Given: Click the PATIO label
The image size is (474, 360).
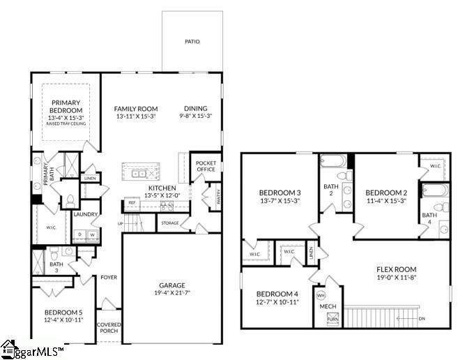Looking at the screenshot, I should point(192,42).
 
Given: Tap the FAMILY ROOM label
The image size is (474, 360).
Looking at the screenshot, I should point(136,109).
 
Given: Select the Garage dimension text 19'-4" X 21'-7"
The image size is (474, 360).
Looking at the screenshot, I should point(171,294).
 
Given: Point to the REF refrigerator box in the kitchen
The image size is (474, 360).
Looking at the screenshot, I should point(132,203).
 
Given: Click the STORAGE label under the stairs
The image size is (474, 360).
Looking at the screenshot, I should point(170,223).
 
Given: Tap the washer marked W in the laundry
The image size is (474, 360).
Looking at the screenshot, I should point(91,234).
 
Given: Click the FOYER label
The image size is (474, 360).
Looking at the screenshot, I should point(109,277).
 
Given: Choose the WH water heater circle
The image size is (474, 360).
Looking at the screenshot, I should point(321,295).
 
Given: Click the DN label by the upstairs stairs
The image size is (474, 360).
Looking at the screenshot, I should point(421,319).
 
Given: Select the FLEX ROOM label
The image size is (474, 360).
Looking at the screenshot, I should point(396,269).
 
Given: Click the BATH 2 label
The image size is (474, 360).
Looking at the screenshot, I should point(332,190).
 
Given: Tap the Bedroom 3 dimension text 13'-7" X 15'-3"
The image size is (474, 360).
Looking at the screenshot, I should point(280,201).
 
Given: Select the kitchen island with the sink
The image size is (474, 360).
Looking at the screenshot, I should point(147,170).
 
